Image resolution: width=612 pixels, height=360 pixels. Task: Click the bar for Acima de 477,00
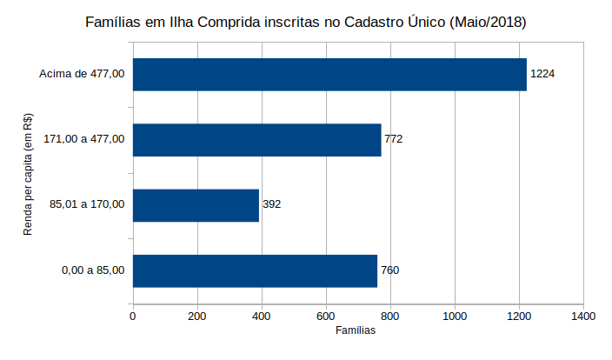pyautogui.click(x=329, y=74)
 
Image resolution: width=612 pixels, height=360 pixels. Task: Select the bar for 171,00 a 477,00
pyautogui.click(x=256, y=139)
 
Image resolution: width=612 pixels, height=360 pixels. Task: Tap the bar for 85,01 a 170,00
pyautogui.click(x=196, y=205)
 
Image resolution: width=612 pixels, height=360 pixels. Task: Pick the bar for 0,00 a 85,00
pyautogui.click(x=255, y=270)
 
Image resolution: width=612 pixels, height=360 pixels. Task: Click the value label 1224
pyautogui.click(x=542, y=74)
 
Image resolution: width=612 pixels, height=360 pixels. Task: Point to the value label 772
pyautogui.click(x=393, y=139)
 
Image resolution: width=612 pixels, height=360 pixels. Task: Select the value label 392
pyautogui.click(x=271, y=205)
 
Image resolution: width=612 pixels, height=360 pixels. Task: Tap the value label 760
pyautogui.click(x=389, y=270)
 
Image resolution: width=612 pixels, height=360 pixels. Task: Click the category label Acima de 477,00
pyautogui.click(x=83, y=74)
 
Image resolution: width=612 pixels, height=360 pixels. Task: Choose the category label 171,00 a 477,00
pyautogui.click(x=84, y=139)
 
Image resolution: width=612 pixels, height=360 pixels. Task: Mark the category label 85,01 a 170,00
pyautogui.click(x=88, y=205)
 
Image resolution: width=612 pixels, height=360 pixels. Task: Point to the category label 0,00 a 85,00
pyautogui.click(x=93, y=270)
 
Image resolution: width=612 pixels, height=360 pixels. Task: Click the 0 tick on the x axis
pyautogui.click(x=133, y=317)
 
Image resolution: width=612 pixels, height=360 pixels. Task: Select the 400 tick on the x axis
pyautogui.click(x=262, y=317)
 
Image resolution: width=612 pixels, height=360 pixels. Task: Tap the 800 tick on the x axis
pyautogui.click(x=390, y=317)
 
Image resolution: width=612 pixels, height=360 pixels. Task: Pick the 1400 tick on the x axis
pyautogui.click(x=583, y=317)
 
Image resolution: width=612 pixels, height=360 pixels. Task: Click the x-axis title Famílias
pyautogui.click(x=356, y=331)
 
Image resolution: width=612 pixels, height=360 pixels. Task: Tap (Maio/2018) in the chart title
pyautogui.click(x=486, y=22)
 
